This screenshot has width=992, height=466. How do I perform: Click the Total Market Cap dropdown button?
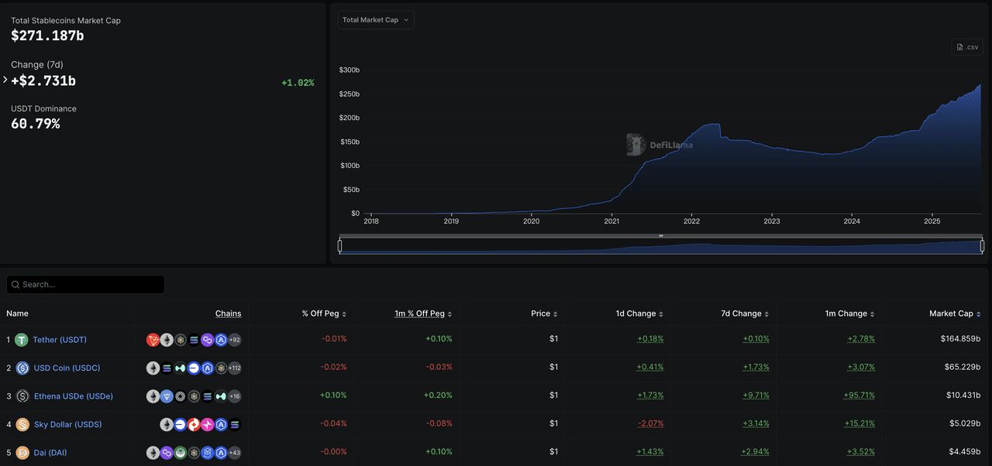[376, 20]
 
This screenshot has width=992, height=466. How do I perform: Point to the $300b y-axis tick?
[350, 70]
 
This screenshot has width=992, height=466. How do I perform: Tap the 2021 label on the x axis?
[611, 221]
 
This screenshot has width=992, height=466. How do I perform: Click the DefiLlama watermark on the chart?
[660, 145]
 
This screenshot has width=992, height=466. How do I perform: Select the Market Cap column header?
[951, 314]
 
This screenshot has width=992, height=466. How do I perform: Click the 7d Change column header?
[741, 314]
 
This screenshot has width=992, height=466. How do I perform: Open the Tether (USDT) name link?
[60, 340]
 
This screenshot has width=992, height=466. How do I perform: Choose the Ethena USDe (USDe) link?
[74, 396]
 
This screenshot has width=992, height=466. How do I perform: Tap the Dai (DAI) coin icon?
[22, 453]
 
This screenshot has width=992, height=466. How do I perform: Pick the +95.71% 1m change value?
[859, 396]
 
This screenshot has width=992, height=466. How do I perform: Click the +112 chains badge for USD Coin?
[234, 368]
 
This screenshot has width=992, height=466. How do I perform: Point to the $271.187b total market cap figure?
[47, 36]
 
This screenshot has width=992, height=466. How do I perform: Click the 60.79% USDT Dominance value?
[35, 124]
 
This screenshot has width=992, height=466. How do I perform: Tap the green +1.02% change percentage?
[298, 83]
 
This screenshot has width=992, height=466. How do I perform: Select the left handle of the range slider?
[339, 246]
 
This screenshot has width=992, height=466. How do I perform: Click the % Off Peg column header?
[321, 314]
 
